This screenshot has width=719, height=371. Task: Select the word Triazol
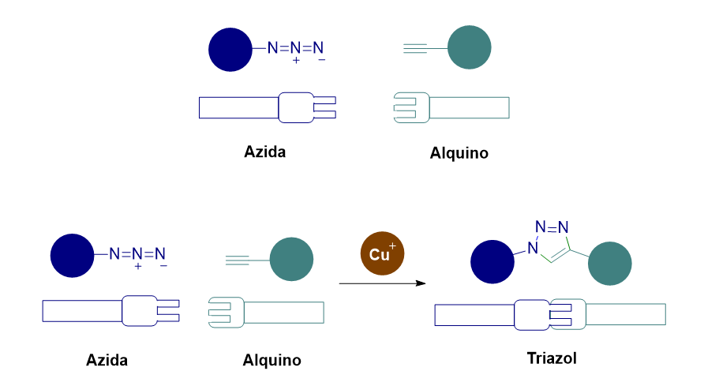(552, 358)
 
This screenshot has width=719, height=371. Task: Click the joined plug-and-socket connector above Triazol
(549, 314)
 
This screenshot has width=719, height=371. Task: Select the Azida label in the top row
(265, 152)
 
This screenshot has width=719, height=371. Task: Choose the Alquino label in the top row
(459, 153)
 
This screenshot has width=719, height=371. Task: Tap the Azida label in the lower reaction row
(107, 361)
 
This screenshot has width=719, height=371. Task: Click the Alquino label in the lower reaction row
(272, 361)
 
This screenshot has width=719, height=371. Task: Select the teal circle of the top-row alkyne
(470, 47)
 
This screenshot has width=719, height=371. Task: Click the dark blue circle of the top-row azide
(230, 49)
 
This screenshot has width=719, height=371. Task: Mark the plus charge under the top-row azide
(296, 61)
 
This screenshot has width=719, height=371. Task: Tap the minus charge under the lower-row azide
(163, 267)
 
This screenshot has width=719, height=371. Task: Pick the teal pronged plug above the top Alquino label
(411, 107)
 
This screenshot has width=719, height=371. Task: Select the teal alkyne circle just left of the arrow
(291, 259)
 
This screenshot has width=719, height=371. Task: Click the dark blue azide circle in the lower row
(73, 255)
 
